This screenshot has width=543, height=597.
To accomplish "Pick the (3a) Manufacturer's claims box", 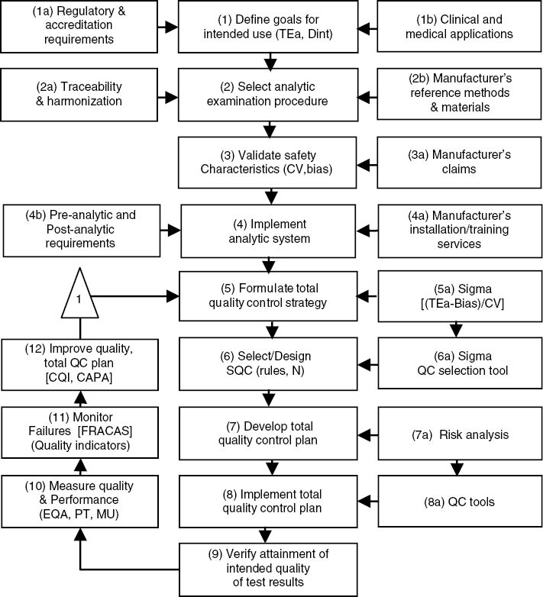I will tap(457, 161).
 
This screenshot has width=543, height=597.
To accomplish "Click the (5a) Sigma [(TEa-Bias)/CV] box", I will tap(457, 294).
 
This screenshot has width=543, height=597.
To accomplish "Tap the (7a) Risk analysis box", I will tap(457, 435).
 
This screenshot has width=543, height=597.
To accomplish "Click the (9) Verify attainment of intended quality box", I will tap(270, 566).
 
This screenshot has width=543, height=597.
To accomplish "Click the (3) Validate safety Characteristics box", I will tap(270, 161).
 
